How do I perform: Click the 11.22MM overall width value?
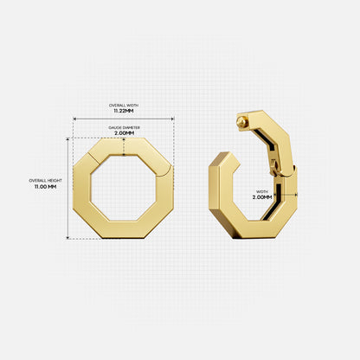[124, 111]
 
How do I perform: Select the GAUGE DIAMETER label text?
[124, 126]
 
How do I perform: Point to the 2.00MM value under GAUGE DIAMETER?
[124, 133]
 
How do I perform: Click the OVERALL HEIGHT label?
[42, 180]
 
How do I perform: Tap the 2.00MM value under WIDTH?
[262, 197]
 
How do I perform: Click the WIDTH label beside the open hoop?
[261, 190]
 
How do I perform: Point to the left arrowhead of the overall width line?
[74, 119]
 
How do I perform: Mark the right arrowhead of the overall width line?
[173, 119]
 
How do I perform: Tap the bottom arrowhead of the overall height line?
[67, 237]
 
